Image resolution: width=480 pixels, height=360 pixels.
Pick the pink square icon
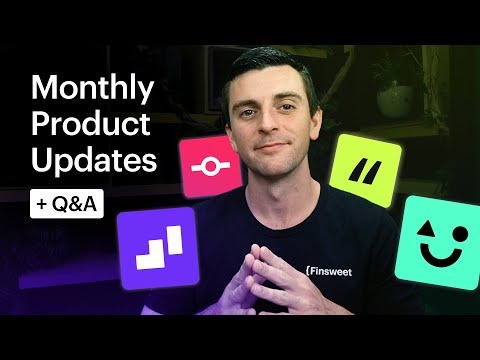pyautogui.click(x=211, y=166)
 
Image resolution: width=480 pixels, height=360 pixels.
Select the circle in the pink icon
pyautogui.click(x=211, y=166)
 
